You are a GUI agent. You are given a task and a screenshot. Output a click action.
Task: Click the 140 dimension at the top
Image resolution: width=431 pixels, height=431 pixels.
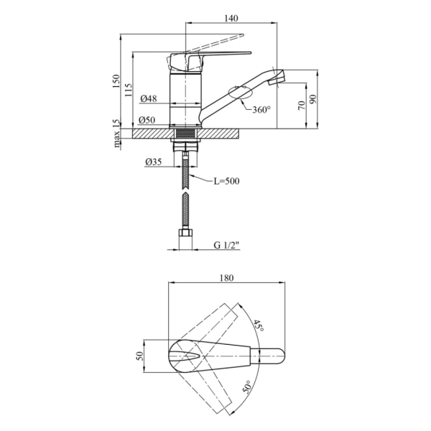click(x=231, y=19)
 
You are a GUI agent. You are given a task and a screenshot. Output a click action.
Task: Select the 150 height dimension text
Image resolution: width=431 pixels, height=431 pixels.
click(x=116, y=81)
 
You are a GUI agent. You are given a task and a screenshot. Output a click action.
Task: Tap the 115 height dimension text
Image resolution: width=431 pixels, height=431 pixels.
click(x=129, y=90)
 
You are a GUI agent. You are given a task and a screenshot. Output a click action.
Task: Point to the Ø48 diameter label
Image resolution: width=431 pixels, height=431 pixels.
click(x=149, y=98)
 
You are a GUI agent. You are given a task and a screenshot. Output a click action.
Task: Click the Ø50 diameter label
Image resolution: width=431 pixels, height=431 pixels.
click(x=147, y=120)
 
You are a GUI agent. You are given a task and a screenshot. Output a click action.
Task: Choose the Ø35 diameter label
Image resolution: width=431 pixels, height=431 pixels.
click(x=154, y=162)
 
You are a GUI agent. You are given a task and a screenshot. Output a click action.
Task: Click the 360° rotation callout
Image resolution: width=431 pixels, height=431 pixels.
click(x=261, y=110)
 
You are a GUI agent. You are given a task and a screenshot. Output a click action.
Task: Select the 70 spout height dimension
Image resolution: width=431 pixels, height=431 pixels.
click(x=302, y=105)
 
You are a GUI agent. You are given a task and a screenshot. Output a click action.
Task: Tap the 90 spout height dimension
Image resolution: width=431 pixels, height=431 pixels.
click(x=313, y=99)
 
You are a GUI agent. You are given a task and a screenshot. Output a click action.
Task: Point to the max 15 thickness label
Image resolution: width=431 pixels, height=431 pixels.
click(x=117, y=134)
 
